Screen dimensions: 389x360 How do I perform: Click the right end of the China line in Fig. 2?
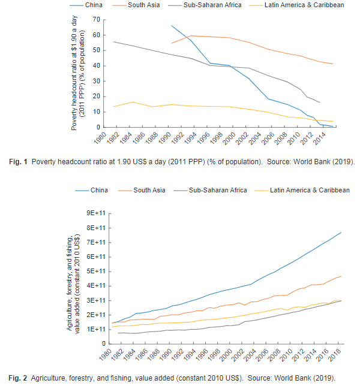[341, 233]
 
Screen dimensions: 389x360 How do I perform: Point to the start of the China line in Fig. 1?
[172, 26]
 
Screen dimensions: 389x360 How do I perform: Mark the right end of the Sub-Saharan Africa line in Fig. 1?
[320, 102]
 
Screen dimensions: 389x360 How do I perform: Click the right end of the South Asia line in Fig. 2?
[341, 276]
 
